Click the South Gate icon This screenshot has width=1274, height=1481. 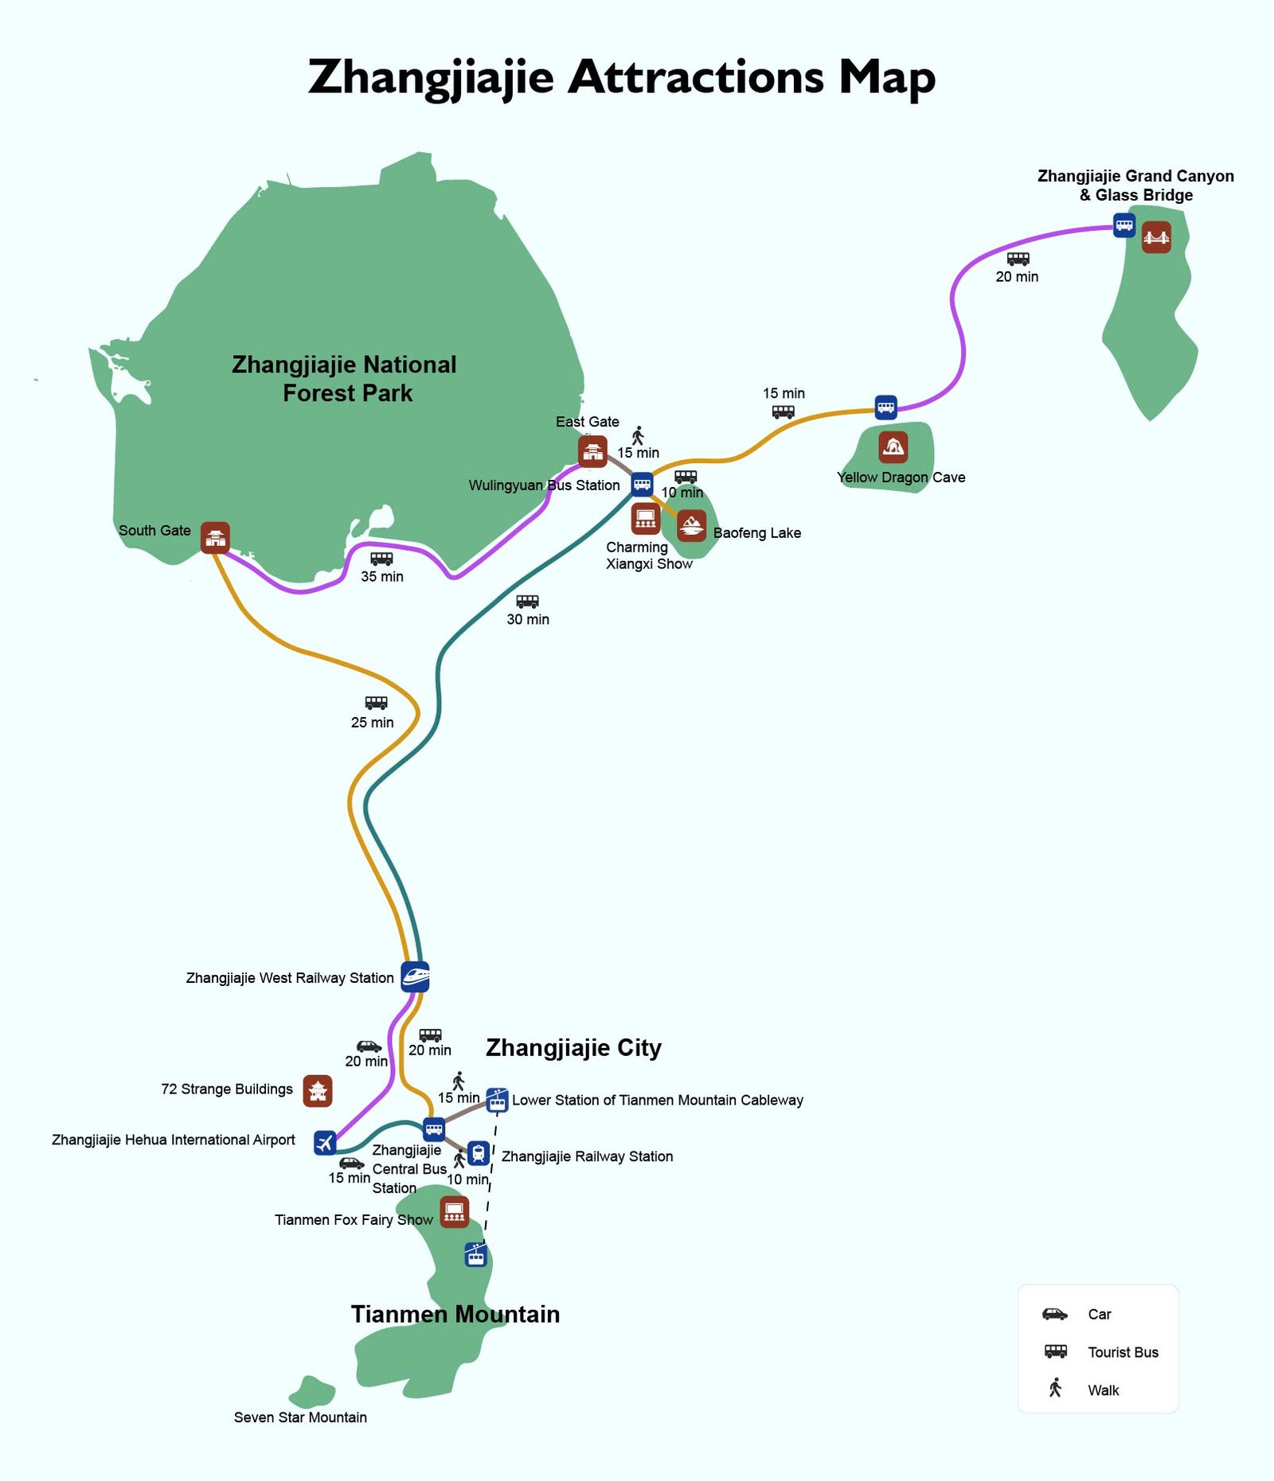[x=215, y=537]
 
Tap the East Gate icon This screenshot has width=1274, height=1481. [x=592, y=451]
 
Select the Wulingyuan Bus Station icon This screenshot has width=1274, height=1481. [x=642, y=484]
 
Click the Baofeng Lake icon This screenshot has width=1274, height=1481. [x=691, y=525]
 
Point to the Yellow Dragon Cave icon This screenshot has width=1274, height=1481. [x=893, y=446]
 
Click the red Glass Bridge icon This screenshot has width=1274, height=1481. [x=1156, y=237]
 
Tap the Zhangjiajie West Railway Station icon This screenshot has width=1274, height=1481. [x=415, y=976]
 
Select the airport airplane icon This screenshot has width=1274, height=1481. [x=325, y=1142]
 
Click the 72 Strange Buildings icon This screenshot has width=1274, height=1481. [x=318, y=1091]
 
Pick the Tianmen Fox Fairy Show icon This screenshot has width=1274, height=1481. [x=454, y=1212]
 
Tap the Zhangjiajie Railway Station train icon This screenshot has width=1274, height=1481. [x=478, y=1153]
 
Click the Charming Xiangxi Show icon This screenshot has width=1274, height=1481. [x=645, y=519]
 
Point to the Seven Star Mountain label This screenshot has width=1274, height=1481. [x=300, y=1417]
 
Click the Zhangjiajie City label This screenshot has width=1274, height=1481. [x=573, y=1048]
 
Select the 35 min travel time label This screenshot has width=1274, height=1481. [x=382, y=576]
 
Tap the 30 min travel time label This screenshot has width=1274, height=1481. [x=528, y=619]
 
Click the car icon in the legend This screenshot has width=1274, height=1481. [x=1055, y=1314]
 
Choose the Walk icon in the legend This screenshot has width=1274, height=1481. [x=1055, y=1388]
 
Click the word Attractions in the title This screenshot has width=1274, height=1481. [x=695, y=77]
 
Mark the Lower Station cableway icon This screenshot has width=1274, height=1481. [x=497, y=1100]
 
